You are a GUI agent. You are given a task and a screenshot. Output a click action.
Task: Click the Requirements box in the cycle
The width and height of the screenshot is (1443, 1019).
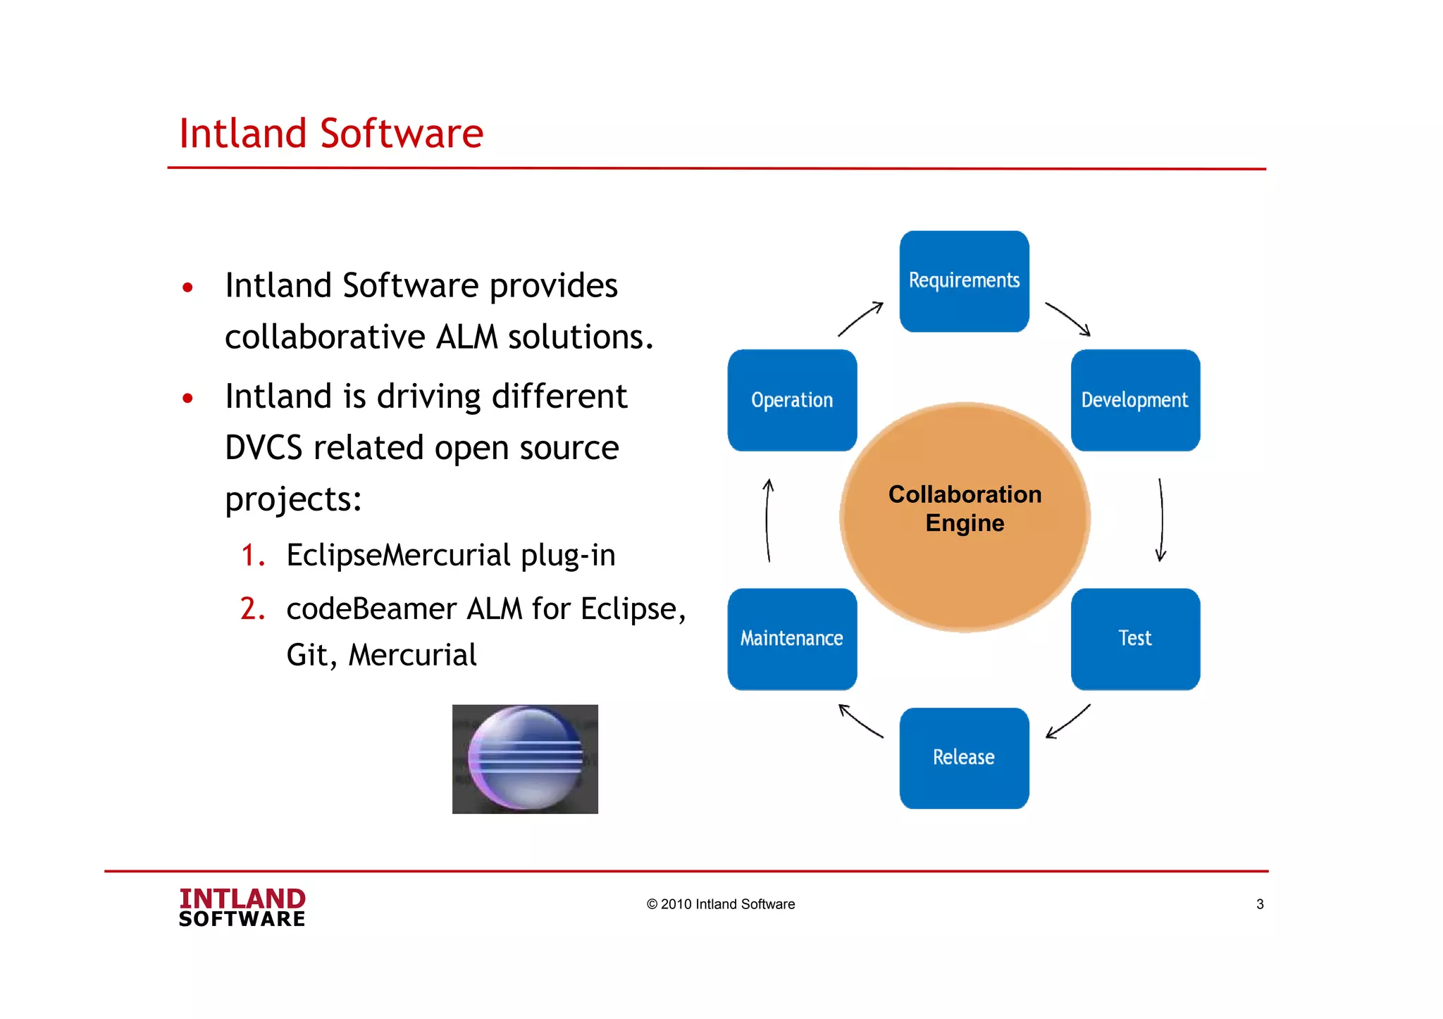coord(964,281)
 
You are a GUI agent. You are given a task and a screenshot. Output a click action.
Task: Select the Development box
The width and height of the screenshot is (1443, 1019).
coord(1134,400)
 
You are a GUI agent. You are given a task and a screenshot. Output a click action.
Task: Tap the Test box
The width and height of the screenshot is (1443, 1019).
coord(1134,638)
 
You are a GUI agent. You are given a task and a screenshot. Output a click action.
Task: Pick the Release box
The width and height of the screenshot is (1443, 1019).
coord(964,758)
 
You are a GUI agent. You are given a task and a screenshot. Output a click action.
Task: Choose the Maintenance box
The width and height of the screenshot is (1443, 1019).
coord(792,638)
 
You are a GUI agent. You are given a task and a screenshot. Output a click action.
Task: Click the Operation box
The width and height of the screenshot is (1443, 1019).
coord(792,400)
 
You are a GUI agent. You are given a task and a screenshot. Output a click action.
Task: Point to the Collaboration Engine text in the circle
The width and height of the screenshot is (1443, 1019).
coord(965,508)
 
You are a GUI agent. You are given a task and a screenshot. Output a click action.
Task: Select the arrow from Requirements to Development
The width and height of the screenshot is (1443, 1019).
coord(1068,319)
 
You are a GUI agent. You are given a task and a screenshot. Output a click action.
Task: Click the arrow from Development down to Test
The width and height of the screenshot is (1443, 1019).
coord(1161,520)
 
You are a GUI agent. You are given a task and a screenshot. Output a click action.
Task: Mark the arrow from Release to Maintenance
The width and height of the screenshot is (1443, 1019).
coord(860,721)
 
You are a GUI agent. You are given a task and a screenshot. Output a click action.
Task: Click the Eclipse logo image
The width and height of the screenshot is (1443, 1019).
coord(525,759)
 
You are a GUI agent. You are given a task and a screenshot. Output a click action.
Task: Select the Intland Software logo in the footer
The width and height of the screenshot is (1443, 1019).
coord(242,907)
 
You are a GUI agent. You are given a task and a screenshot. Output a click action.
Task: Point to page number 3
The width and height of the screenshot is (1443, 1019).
coord(1260,904)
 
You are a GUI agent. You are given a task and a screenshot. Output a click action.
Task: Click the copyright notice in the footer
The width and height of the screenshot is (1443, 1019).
coord(720,904)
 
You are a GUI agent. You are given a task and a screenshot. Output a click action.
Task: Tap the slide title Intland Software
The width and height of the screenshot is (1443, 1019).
coord(331,134)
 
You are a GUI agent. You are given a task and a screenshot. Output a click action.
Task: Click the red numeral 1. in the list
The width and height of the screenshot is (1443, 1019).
coord(252,555)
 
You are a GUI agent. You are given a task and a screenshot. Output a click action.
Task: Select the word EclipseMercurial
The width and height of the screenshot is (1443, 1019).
coord(398,555)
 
